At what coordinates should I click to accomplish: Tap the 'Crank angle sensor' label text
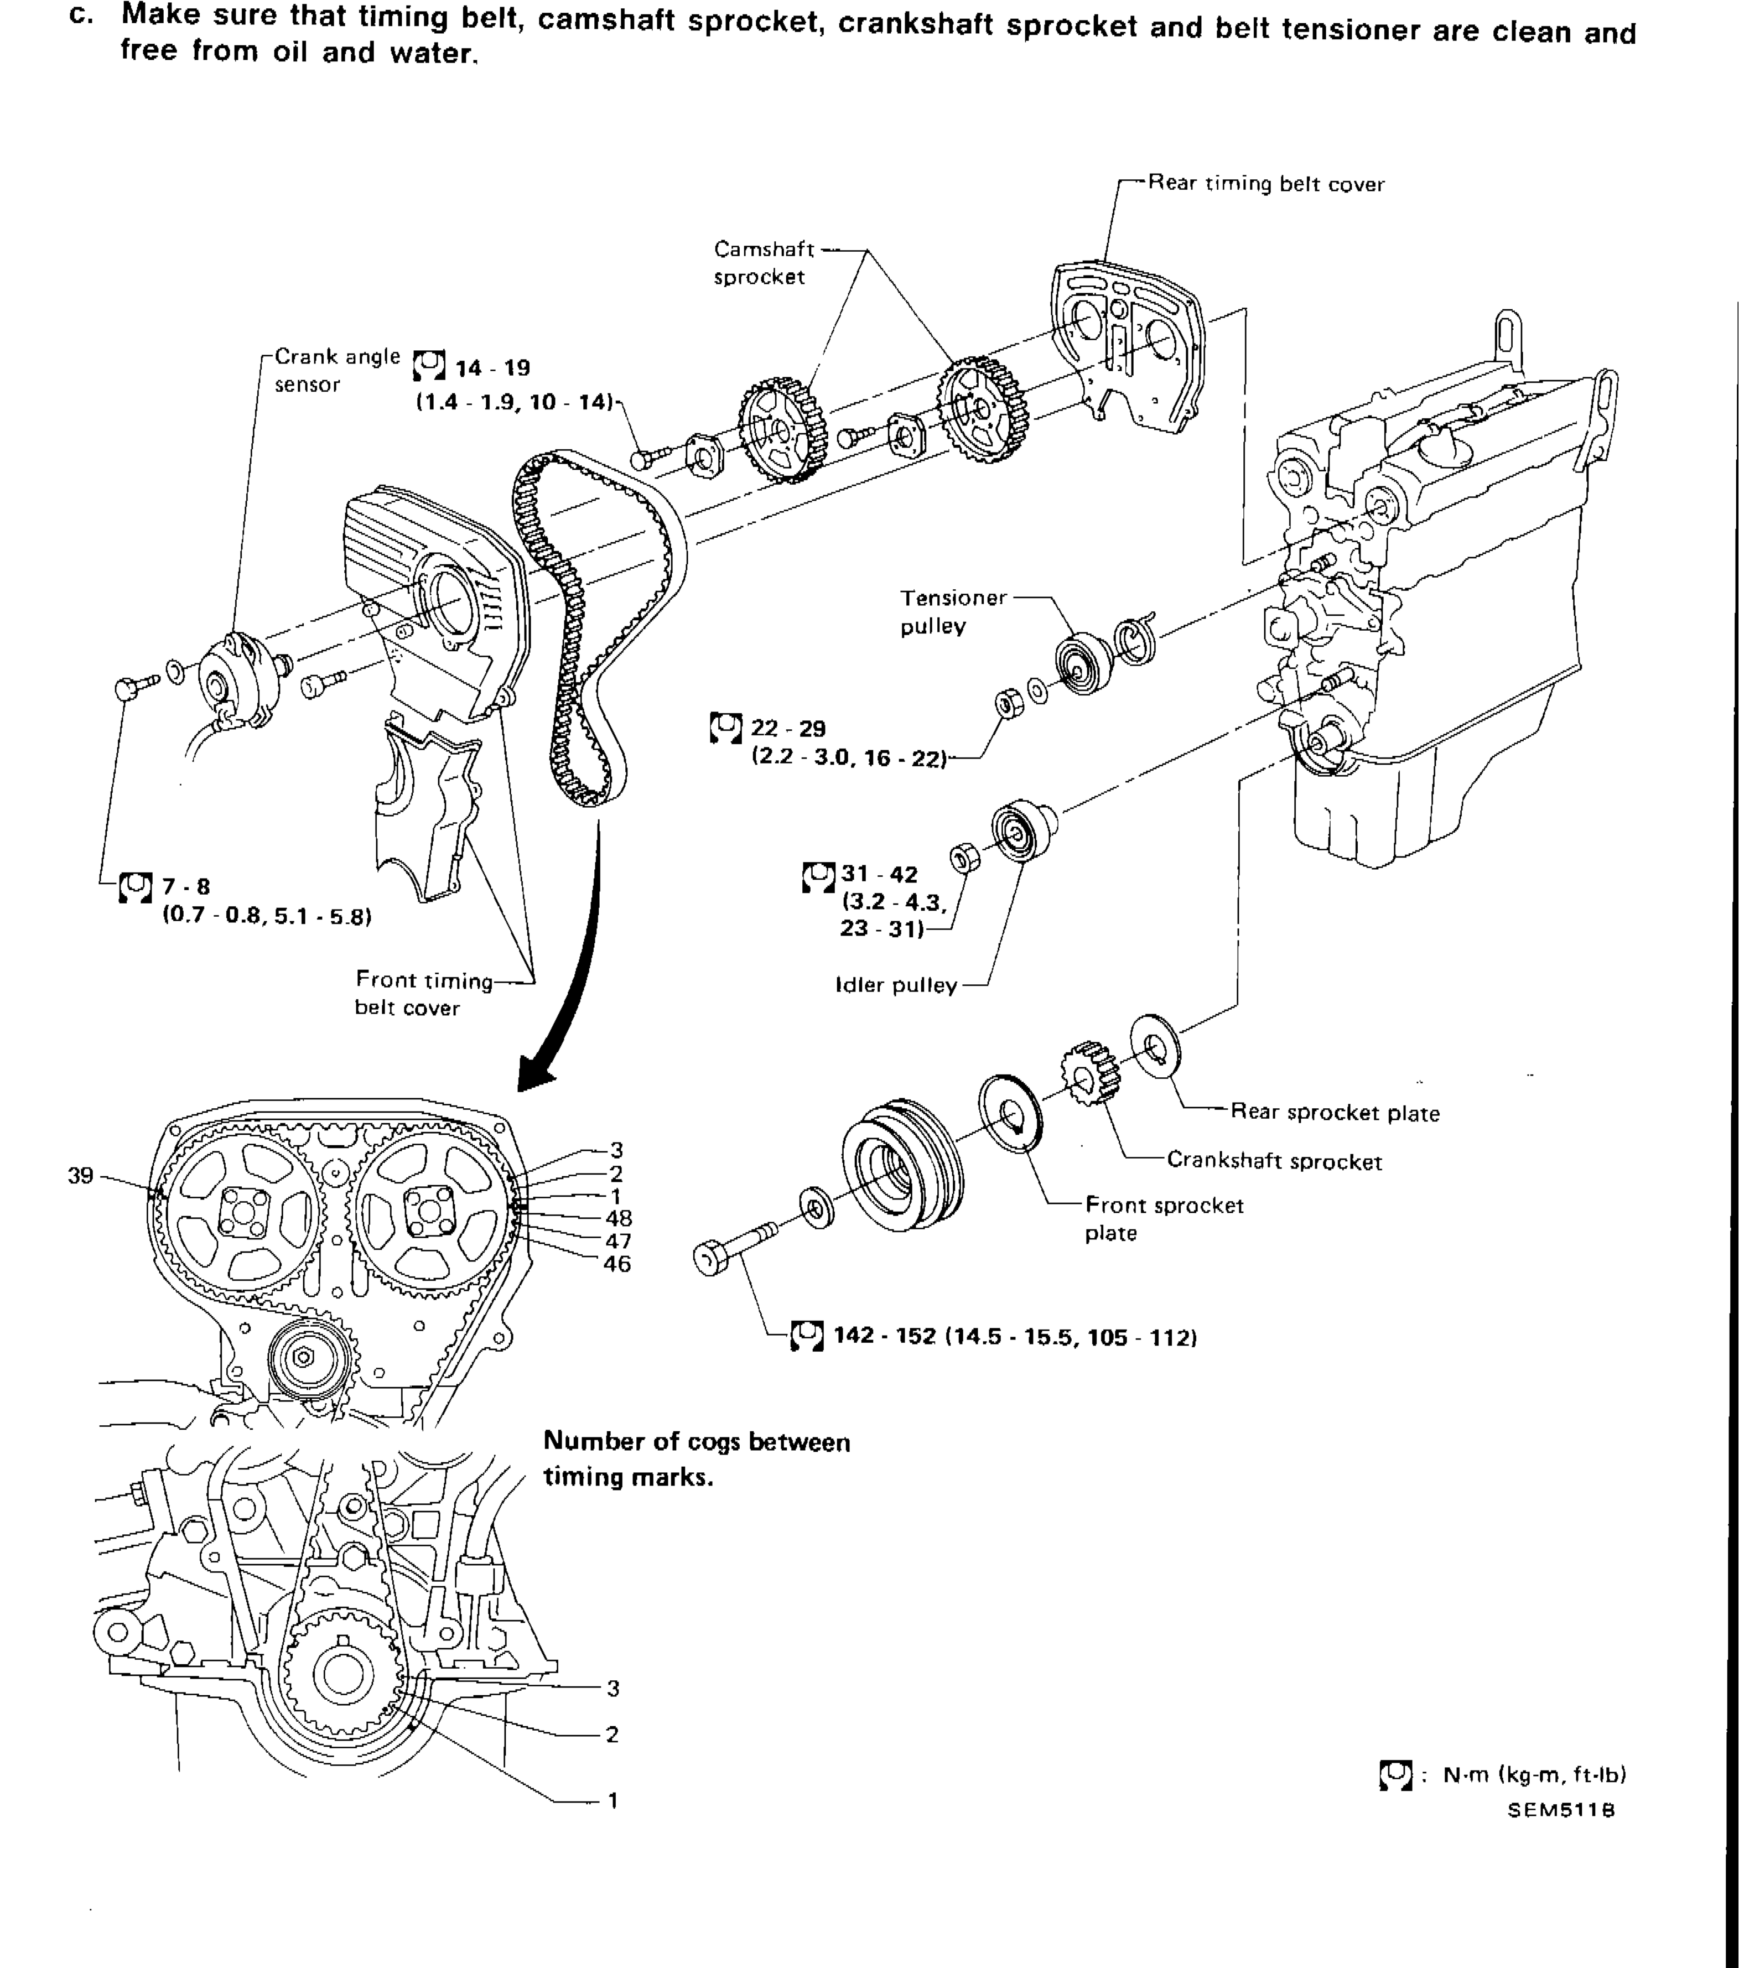click(336, 370)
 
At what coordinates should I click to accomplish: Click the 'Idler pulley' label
click(895, 985)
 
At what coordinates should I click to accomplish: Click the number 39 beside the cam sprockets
click(81, 1176)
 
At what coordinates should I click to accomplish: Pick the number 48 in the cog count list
click(618, 1218)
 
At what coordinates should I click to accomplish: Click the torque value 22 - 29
click(788, 729)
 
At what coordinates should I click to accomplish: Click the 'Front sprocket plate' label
click(1163, 1218)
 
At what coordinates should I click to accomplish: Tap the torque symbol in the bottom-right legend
click(1395, 1774)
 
